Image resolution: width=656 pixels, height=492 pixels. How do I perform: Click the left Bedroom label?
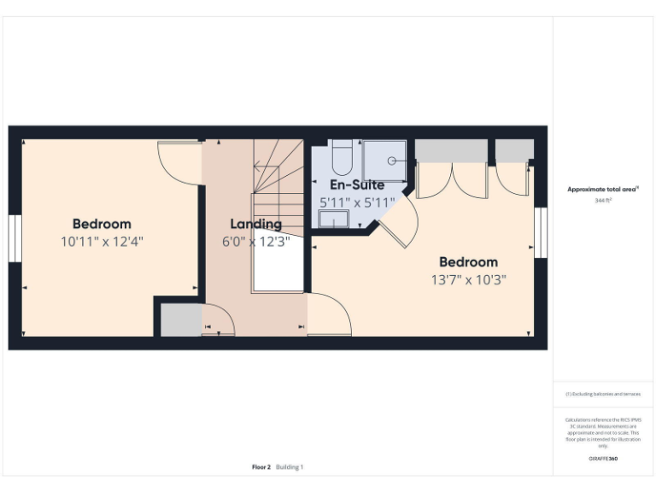point(102,224)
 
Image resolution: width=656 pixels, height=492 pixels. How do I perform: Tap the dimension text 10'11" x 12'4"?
point(102,242)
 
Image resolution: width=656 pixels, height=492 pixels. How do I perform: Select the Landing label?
point(255,224)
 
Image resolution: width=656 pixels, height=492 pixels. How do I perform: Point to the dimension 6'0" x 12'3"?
point(255,242)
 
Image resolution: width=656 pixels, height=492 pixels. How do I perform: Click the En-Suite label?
point(357,184)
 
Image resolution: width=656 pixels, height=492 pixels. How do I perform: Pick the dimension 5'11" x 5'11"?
point(357,202)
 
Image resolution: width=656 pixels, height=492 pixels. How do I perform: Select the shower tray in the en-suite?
point(385,160)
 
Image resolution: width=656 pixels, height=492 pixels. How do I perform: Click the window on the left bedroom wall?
point(15,238)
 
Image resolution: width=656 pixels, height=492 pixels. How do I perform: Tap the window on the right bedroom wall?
point(540,231)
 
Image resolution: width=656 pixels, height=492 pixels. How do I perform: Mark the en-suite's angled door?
point(397,222)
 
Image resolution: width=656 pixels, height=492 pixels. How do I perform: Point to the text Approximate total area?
point(603,190)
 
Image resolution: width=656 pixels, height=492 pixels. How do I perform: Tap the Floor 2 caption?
point(261,467)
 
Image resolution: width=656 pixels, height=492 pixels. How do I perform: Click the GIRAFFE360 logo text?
point(603,459)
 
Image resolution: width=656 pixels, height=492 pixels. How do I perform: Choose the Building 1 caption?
point(290,467)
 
